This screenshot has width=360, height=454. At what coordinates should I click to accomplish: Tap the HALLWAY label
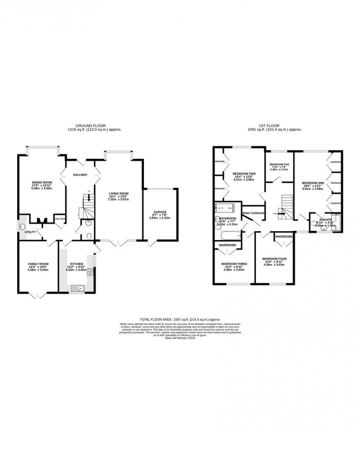click(x=80, y=175)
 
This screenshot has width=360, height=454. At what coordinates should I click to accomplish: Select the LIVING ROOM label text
click(x=118, y=193)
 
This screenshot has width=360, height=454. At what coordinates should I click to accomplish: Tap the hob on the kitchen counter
click(x=90, y=272)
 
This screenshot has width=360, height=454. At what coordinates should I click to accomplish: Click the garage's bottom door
click(x=151, y=243)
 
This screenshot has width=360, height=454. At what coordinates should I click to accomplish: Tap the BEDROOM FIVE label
click(x=279, y=164)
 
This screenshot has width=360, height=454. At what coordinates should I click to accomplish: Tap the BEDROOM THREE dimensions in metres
click(x=234, y=270)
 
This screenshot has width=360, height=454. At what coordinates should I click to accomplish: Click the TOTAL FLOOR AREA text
click(x=180, y=320)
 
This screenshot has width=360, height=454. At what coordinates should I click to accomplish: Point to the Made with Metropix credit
click(x=180, y=338)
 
